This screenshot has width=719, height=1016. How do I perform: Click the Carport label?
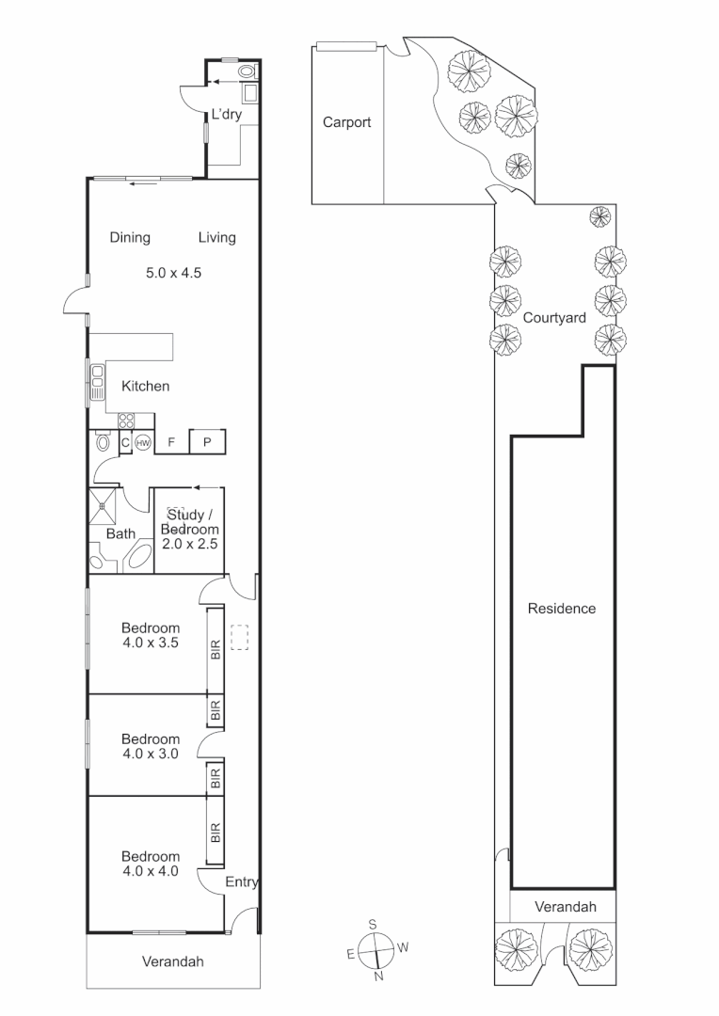tap(346, 122)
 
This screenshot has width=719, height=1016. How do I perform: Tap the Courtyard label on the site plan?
tap(554, 318)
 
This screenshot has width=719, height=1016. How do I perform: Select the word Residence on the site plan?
tap(561, 609)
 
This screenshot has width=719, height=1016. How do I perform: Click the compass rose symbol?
tap(376, 950)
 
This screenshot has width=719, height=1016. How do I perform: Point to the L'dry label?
tap(226, 115)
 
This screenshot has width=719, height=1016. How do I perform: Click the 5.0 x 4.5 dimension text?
tap(174, 274)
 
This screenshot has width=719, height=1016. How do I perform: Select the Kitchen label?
tap(145, 386)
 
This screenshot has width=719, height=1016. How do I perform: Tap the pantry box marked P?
tap(207, 441)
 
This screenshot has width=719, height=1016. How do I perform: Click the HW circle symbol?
tap(143, 442)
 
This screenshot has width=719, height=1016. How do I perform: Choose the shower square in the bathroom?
tap(104, 505)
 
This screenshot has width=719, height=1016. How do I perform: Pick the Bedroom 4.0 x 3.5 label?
tap(150, 636)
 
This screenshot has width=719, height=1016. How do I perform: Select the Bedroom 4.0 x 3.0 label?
tap(150, 746)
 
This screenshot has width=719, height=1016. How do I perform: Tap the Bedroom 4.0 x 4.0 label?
tap(150, 864)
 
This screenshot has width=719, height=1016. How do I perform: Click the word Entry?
tap(242, 882)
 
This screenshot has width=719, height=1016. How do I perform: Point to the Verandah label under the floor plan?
tap(172, 962)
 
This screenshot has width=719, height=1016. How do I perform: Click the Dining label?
tap(130, 237)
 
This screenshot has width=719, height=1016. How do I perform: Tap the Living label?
tap(216, 237)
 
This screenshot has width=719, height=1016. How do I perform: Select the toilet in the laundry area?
tap(248, 71)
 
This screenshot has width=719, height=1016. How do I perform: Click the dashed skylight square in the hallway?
tap(239, 639)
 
